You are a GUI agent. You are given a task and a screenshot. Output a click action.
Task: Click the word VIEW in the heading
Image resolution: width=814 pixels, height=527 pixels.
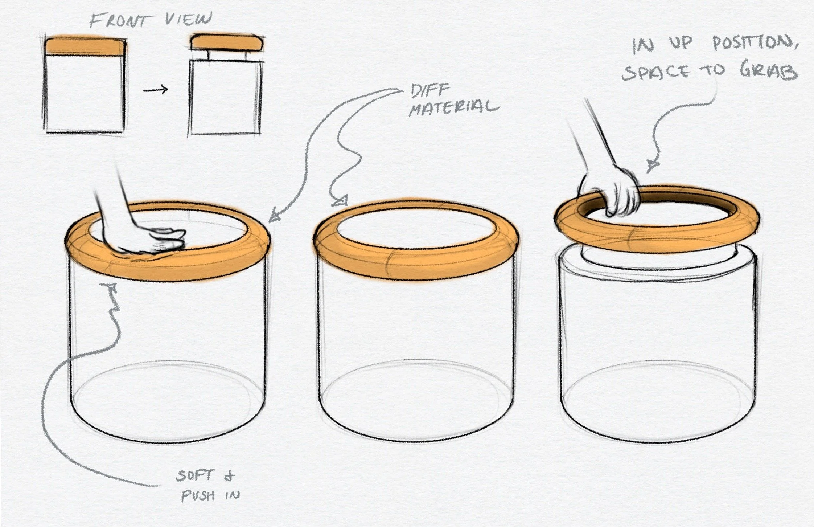coord(188,19)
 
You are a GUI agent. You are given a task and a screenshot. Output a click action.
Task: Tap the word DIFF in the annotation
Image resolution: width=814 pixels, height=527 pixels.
coord(430,91)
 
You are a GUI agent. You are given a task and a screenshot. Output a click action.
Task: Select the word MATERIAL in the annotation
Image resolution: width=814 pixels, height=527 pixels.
coord(454,108)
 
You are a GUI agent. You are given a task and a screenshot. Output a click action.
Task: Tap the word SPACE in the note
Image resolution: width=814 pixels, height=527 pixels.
coord(656,73)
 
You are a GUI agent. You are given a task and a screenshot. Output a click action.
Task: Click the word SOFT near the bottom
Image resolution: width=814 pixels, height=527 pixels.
coord(195,475)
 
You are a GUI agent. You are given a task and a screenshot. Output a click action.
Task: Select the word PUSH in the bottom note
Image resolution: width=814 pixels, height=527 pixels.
coord(198,495)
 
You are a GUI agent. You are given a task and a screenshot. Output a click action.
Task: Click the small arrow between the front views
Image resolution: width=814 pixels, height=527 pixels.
coord(156,90)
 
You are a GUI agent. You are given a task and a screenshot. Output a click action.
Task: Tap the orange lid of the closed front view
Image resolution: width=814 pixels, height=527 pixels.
coord(85,46)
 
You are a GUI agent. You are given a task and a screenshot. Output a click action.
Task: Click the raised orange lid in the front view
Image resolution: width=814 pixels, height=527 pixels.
coord(227,42)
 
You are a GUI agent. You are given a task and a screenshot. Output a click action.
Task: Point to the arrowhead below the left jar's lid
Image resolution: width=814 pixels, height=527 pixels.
coord(111,289)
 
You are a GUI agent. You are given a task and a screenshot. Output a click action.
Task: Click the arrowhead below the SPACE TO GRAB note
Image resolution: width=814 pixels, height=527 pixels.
coord(652,166)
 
